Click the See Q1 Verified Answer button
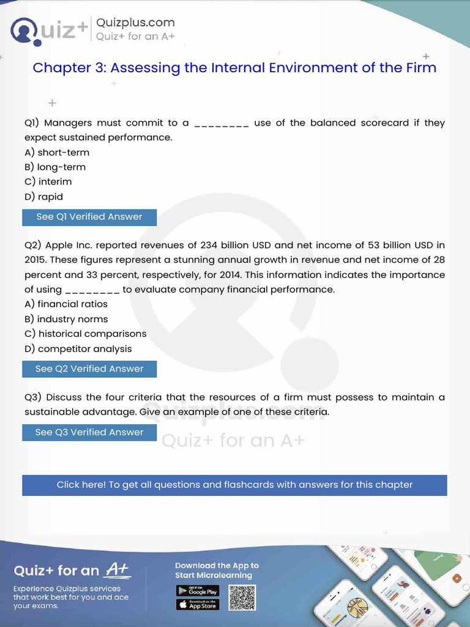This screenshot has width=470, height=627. tap(89, 217)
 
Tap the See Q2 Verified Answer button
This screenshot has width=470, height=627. tap(89, 369)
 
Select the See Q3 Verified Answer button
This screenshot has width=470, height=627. tap(89, 432)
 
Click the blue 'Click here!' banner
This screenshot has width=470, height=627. tap(234, 485)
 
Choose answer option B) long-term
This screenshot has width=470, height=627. tap(55, 167)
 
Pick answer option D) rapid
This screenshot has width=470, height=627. tap(43, 197)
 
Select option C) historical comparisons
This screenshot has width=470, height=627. tap(86, 334)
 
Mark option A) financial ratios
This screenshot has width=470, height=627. tap(66, 304)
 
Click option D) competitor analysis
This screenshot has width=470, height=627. tap(78, 349)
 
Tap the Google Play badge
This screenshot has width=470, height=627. tap(198, 591)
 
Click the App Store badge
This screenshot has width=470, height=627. tap(198, 605)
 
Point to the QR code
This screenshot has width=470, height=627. tap(242, 598)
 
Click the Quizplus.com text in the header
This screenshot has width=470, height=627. tap(135, 23)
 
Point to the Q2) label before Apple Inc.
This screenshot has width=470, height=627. tap(33, 246)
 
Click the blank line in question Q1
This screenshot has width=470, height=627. tap(221, 124)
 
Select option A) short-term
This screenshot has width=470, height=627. tap(57, 152)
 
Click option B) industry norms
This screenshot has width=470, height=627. tap(66, 319)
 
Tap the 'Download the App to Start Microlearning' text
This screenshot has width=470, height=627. tap(217, 570)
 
